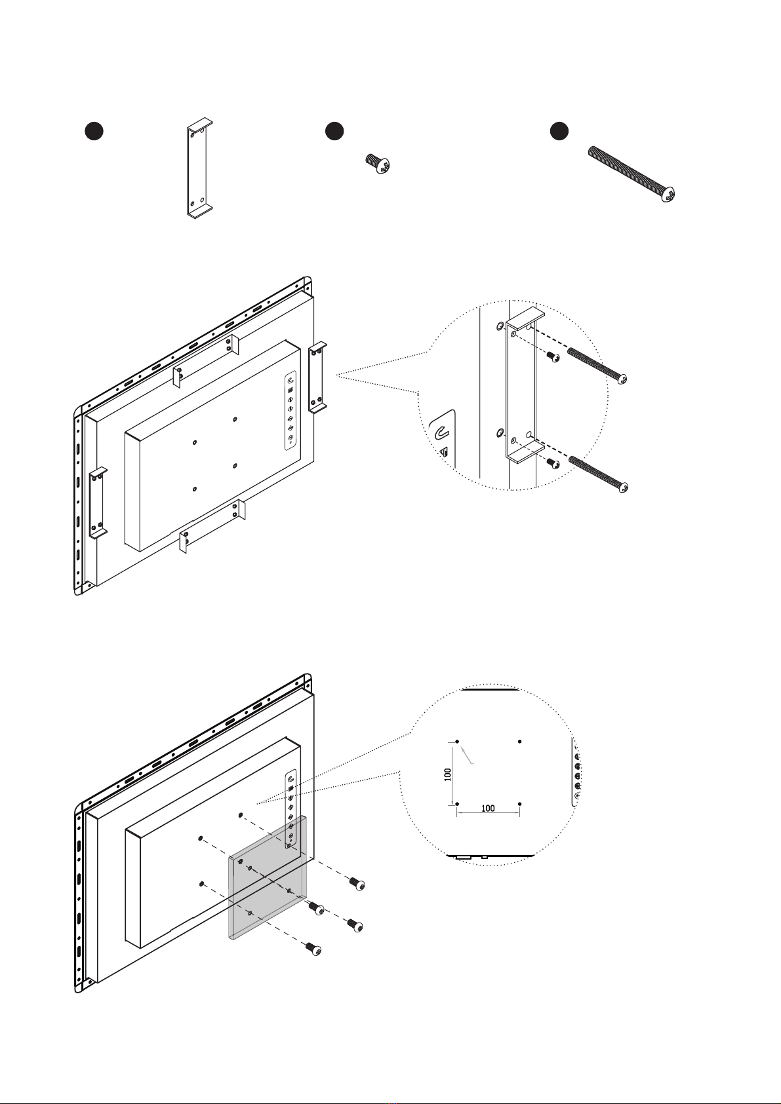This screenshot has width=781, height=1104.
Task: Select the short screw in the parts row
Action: (x=378, y=164)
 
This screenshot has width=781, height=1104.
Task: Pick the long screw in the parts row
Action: (x=631, y=174)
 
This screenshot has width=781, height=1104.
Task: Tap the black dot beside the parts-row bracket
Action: (x=94, y=131)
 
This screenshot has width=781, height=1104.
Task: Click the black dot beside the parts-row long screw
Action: (x=559, y=131)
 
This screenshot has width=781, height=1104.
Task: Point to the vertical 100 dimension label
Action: (x=447, y=774)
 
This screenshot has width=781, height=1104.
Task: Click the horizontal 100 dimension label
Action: (x=487, y=809)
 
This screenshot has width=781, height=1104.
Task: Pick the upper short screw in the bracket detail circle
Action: (x=553, y=356)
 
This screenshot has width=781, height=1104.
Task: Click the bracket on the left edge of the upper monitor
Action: (x=98, y=503)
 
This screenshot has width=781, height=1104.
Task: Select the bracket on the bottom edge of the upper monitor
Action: (x=212, y=525)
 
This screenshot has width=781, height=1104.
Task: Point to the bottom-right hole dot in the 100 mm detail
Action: (x=520, y=804)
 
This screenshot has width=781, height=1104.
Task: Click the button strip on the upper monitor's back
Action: (x=290, y=411)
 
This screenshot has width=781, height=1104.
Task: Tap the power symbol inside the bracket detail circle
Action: (x=441, y=432)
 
